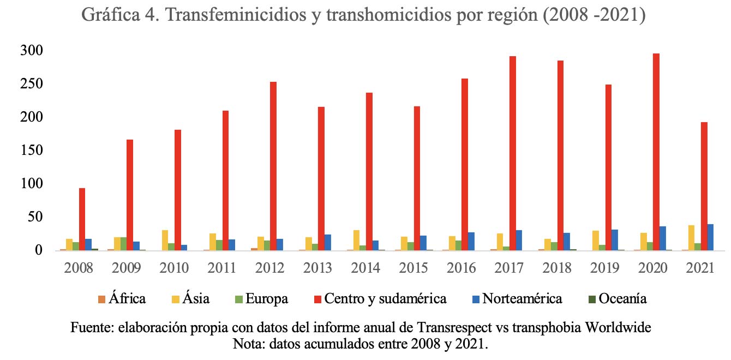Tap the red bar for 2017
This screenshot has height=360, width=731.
click(x=513, y=153)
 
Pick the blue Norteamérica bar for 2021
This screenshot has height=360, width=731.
click(x=710, y=237)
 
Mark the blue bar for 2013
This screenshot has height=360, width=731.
click(x=327, y=242)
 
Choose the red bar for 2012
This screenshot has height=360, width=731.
click(x=273, y=166)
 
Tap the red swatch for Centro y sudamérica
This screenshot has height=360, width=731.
click(x=318, y=299)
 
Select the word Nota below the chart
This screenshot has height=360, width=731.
click(x=248, y=344)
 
